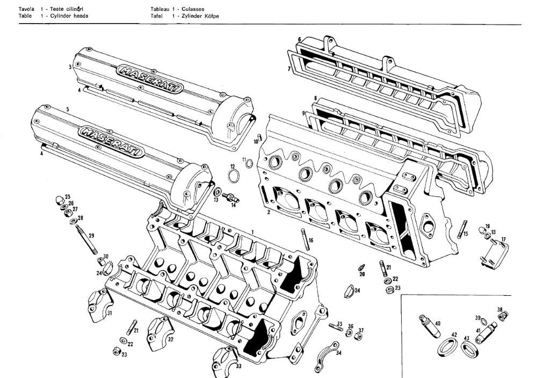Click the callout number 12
point(233,166)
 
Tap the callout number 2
point(268,212)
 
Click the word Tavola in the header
point(26,10)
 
